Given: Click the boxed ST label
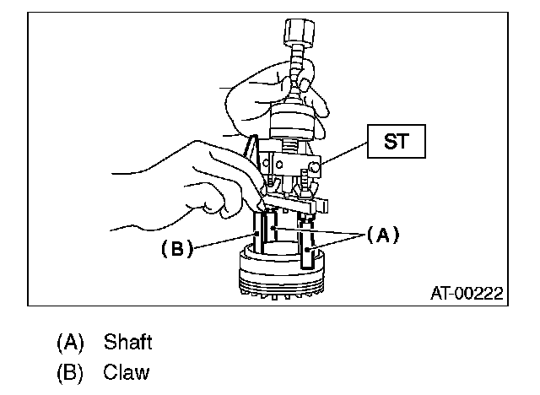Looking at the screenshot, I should click(x=395, y=142).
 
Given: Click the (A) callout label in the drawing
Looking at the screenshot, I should click(x=381, y=236).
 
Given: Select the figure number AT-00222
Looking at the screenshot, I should click(x=467, y=293).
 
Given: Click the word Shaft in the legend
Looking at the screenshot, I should click(x=127, y=342).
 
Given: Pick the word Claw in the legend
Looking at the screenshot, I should click(x=127, y=371).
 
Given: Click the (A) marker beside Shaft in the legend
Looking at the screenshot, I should click(x=71, y=342).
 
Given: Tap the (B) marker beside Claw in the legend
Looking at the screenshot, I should click(x=71, y=371).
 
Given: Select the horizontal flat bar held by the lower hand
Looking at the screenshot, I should click(x=295, y=203).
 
